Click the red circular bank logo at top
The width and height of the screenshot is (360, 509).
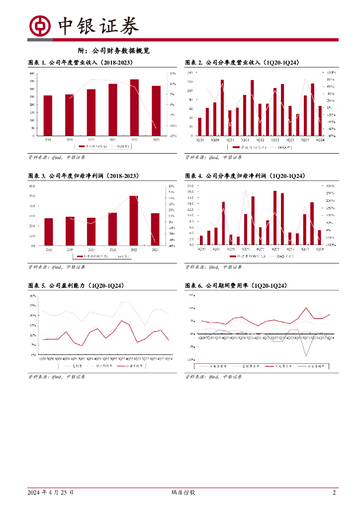(x=40, y=26)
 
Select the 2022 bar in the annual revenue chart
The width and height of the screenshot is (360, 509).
(x=134, y=107)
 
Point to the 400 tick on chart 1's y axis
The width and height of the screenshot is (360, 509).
(x=32, y=73)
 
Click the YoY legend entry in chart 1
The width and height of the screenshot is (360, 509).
(x=122, y=147)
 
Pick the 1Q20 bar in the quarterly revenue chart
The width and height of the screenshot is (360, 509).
(x=200, y=126)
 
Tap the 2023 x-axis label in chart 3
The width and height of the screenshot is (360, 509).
(x=155, y=249)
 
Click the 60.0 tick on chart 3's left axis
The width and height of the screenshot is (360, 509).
(x=32, y=186)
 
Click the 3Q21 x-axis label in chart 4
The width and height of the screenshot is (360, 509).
(x=245, y=249)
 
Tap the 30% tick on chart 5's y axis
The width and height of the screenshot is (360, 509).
(x=33, y=296)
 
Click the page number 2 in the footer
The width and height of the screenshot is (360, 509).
(x=334, y=493)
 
